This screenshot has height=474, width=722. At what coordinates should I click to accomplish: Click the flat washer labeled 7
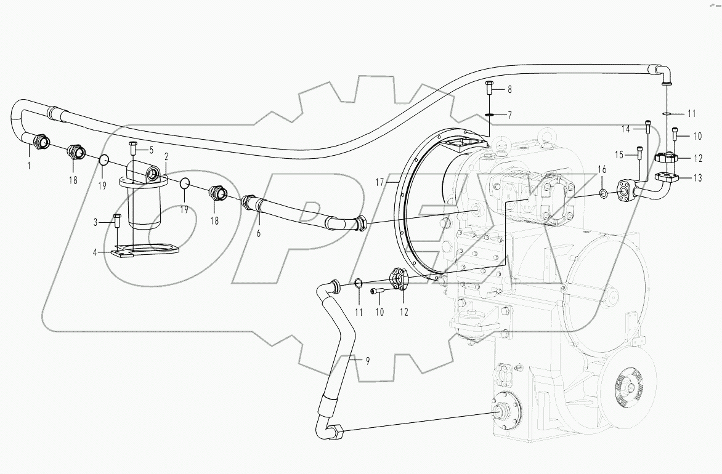(x=490, y=114)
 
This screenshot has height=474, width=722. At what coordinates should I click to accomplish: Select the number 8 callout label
(x=509, y=90)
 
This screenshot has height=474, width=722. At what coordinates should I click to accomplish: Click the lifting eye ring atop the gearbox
(x=545, y=137)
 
